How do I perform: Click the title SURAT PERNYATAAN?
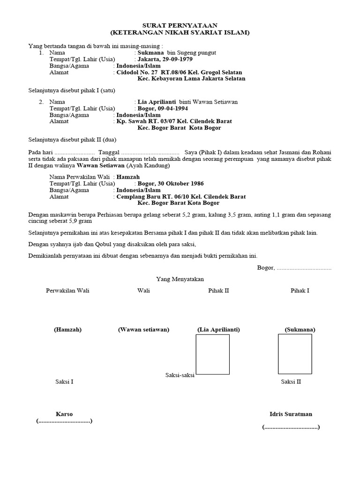pos(180,25)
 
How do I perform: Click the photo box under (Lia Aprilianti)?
pos(212,354)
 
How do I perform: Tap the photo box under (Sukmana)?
pos(295,354)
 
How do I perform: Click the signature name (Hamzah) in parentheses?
pos(67,330)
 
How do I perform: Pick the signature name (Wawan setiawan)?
pos(143,330)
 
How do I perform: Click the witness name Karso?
pos(64,414)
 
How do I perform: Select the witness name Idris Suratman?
pos(291,414)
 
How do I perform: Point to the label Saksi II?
pos(291,382)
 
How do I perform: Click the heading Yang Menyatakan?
pos(180,279)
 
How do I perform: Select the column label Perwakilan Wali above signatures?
pos(67,291)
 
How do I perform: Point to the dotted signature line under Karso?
pos(64,421)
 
